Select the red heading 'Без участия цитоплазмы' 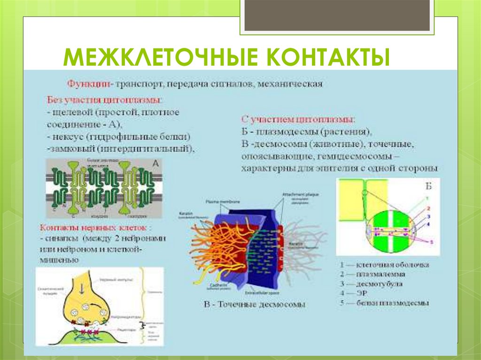pos(105,100)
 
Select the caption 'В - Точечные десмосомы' pos(254,304)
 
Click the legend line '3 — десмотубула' pos(371,283)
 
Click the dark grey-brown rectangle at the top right pos(337,15)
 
